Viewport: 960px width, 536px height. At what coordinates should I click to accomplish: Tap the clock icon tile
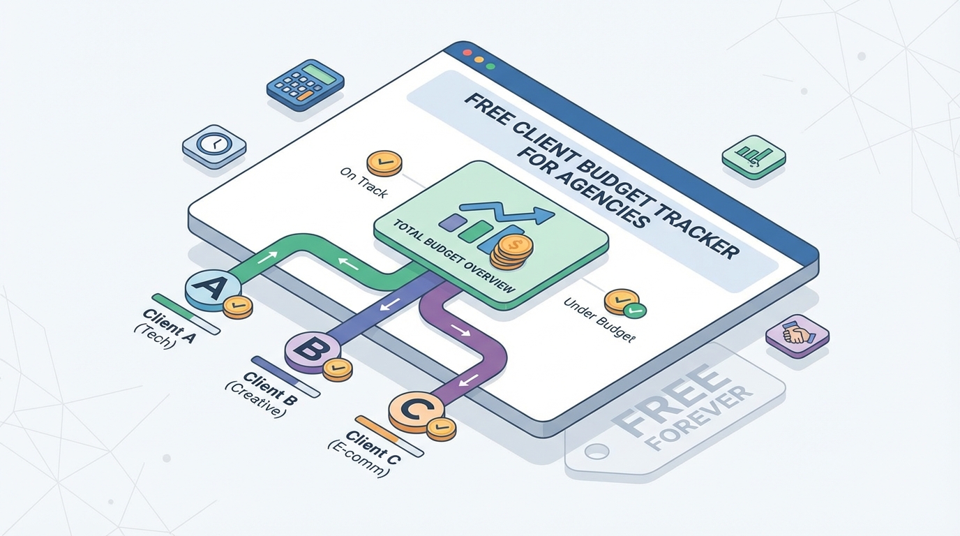[213, 145]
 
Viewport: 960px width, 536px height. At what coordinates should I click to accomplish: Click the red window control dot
[467, 52]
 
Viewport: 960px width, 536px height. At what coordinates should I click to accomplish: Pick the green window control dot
[490, 67]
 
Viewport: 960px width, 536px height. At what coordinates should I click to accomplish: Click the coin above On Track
[384, 163]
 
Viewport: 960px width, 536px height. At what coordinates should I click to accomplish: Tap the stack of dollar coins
[511, 252]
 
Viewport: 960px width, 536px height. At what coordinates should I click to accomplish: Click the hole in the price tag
[596, 452]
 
